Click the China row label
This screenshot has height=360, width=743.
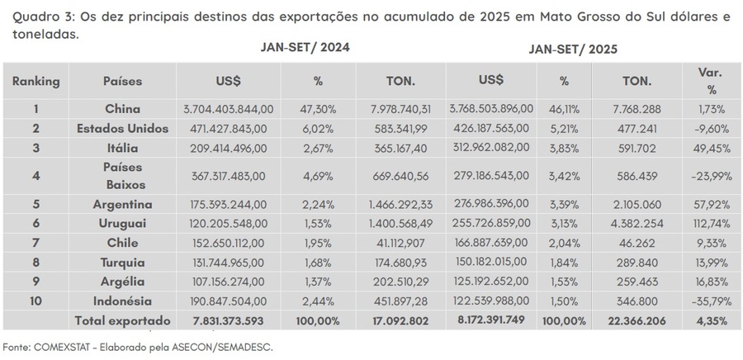[x=122, y=108]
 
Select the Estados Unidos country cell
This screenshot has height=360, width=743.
[x=122, y=128]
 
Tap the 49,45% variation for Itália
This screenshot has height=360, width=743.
[x=711, y=148]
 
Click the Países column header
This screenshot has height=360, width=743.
[x=122, y=81]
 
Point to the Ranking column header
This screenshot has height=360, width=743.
[x=35, y=81]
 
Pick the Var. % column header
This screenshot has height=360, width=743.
[x=711, y=81]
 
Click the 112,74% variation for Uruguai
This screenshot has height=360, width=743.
[x=711, y=223]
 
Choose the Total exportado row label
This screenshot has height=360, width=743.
[x=122, y=320]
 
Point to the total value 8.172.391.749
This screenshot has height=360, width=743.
[x=492, y=320]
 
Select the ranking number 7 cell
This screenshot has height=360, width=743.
[x=35, y=243]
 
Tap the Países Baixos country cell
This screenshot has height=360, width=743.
[x=122, y=176]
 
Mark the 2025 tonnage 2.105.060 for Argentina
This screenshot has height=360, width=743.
[x=637, y=204]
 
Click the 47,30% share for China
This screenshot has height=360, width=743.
[x=318, y=108]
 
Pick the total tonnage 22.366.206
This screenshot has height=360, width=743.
[x=637, y=320]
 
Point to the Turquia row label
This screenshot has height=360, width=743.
[x=122, y=263]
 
